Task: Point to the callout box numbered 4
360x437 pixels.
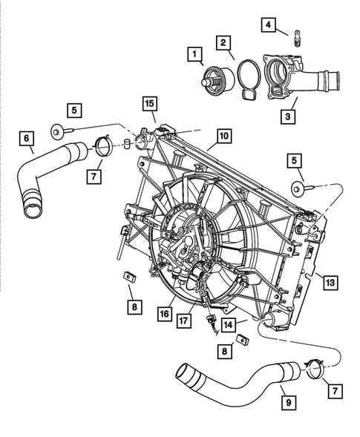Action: click(x=268, y=26)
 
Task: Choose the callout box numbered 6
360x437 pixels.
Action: click(x=27, y=138)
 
